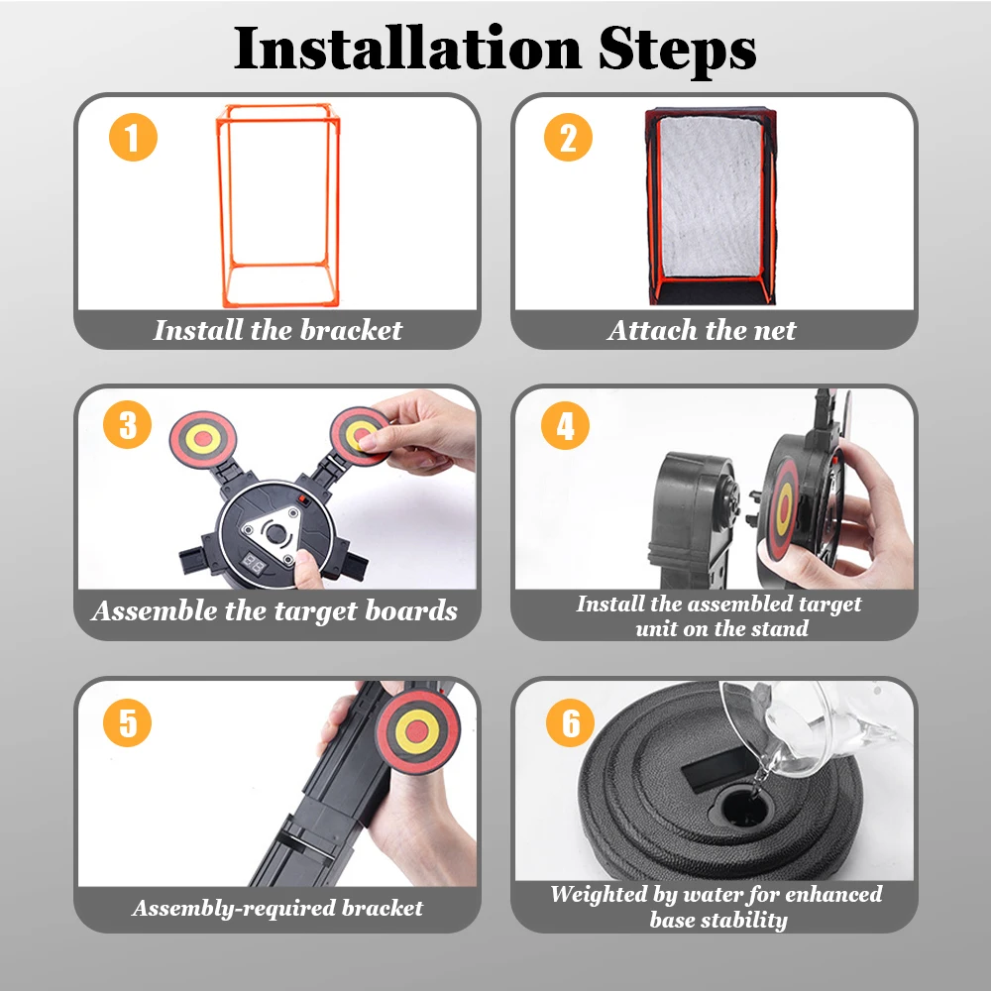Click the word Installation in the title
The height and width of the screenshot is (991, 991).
tap(407, 49)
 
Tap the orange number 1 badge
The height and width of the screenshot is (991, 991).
tap(133, 138)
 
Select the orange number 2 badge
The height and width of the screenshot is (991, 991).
tap(568, 138)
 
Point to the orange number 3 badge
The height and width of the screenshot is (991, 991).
tap(127, 425)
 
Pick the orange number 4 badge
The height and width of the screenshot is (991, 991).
tap(565, 425)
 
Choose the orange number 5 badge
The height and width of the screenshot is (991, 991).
tap(127, 723)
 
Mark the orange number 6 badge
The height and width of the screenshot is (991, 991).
tap(570, 723)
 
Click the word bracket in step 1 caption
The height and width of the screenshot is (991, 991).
tap(351, 330)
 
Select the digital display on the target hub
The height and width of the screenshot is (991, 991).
tap(254, 565)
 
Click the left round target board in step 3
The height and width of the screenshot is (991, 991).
tap(203, 439)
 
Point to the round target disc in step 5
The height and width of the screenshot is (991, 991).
tap(417, 732)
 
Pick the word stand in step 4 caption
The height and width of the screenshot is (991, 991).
tap(780, 628)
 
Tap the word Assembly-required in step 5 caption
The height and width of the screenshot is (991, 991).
tap(234, 909)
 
